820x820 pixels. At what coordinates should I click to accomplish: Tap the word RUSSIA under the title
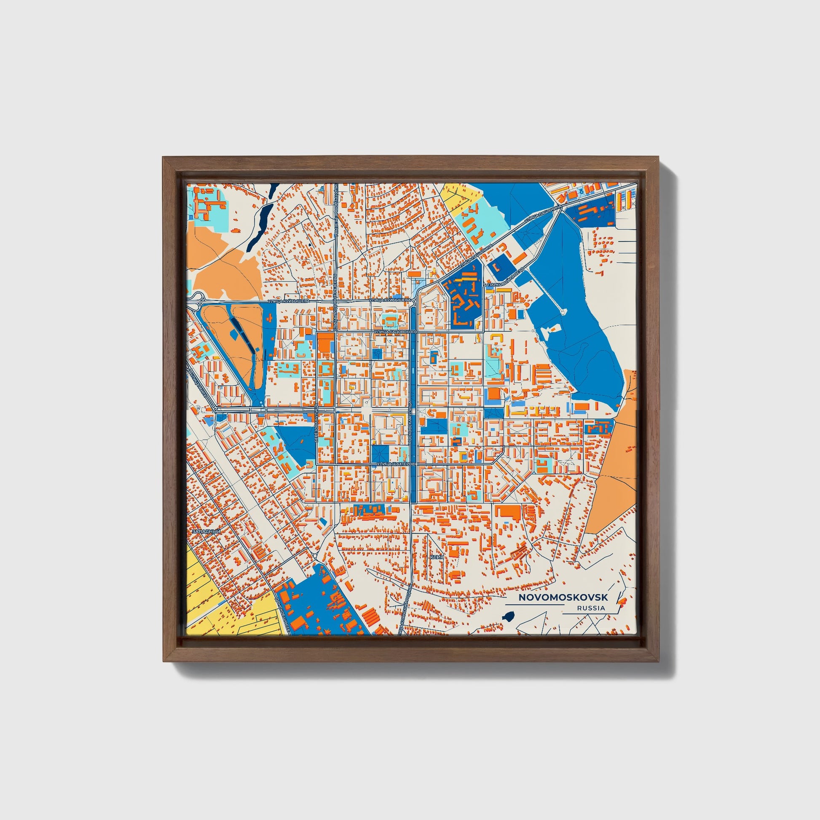(x=591, y=608)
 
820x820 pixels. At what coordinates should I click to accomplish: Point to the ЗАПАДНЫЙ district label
(x=206, y=531)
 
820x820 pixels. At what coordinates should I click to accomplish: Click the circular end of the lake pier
(x=563, y=312)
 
